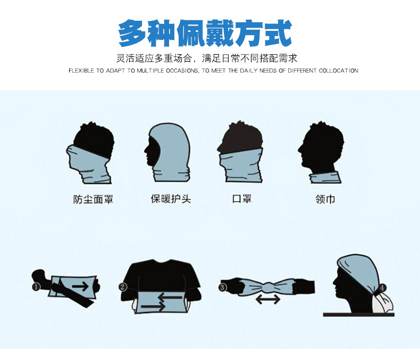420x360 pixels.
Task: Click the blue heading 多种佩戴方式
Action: tap(205, 33)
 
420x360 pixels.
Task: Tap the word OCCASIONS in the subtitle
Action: tap(182, 71)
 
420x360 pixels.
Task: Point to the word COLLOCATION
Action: tap(338, 71)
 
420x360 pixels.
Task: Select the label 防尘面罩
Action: tap(94, 199)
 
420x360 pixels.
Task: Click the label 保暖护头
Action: tap(171, 199)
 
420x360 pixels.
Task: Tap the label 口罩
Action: tap(242, 199)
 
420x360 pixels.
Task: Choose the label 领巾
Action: tap(325, 199)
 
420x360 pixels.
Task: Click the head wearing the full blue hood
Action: tap(167, 153)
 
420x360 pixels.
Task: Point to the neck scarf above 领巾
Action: tap(325, 178)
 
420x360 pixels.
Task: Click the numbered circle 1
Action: tap(36, 287)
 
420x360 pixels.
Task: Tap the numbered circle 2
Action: tap(122, 287)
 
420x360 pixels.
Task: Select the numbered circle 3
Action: tap(223, 287)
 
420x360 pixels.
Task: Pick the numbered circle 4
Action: tap(382, 288)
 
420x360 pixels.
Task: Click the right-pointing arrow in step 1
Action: tap(80, 286)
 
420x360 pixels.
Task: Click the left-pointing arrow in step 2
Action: tap(170, 297)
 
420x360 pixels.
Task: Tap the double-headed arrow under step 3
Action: tap(268, 299)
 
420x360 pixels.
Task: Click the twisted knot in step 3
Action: tap(268, 287)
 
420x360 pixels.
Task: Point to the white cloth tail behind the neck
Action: tap(383, 302)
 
